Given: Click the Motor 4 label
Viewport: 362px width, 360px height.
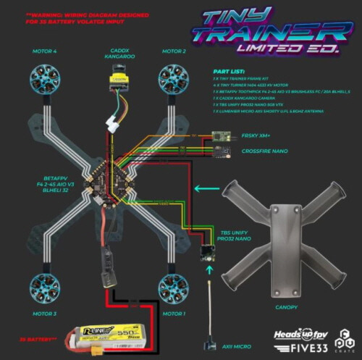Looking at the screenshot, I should click(x=45, y=52).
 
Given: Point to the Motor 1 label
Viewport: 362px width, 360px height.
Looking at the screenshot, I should click(x=174, y=314).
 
